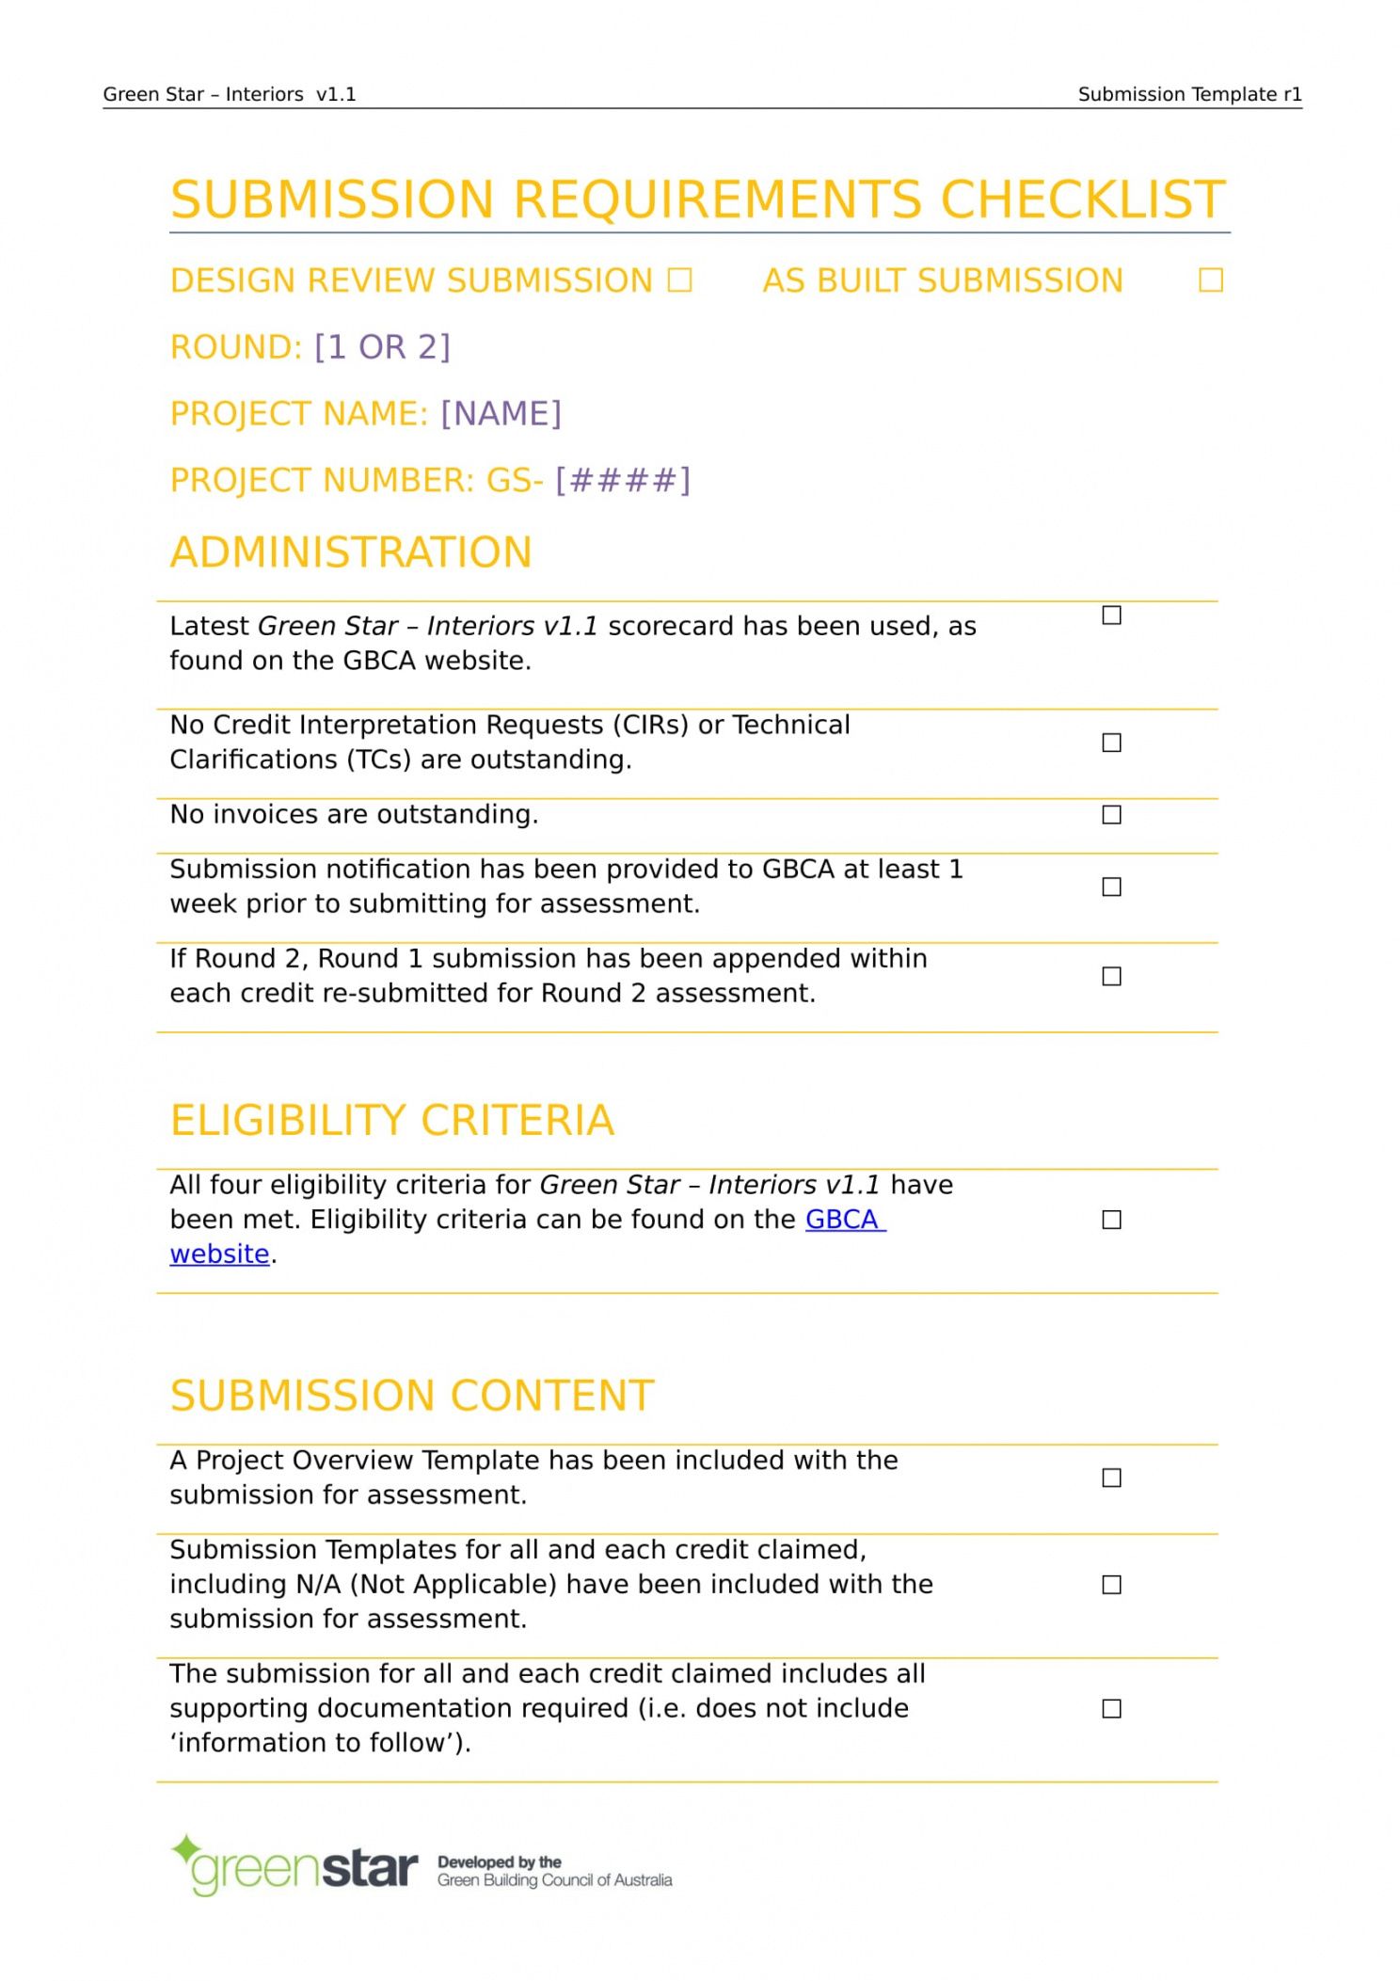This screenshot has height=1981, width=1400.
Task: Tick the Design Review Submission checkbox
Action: point(679,280)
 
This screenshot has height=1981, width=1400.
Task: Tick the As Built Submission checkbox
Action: point(1210,280)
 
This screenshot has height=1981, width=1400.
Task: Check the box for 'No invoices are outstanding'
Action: point(1111,815)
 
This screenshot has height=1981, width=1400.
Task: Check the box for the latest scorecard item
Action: point(1111,615)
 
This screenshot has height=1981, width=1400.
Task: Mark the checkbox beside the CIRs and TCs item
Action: point(1111,743)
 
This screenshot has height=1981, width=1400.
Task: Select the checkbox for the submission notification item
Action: point(1111,887)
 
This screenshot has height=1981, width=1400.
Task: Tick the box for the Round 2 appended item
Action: point(1111,977)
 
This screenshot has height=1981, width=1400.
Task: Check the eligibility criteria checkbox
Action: point(1111,1221)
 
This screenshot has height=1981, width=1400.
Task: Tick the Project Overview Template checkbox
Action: point(1111,1478)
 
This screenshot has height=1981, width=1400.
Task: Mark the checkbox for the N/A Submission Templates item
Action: point(1111,1586)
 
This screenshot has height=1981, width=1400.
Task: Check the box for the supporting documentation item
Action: point(1111,1709)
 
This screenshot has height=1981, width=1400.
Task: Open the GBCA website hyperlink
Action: point(844,1220)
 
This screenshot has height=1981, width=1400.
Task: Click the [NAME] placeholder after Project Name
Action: point(501,414)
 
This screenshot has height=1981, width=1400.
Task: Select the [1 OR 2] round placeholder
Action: point(382,347)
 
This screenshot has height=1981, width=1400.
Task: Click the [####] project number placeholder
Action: point(622,481)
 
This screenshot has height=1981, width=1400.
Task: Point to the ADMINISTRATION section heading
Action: point(351,552)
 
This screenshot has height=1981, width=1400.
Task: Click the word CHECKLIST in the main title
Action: point(1082,200)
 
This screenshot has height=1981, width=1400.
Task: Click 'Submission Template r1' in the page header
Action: point(1189,94)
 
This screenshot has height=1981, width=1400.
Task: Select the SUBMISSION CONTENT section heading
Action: point(412,1397)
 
